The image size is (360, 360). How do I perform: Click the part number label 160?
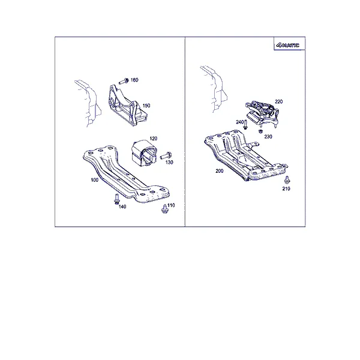[134, 80]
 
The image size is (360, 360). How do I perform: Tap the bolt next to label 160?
[124, 82]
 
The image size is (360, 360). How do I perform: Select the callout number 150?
[146, 106]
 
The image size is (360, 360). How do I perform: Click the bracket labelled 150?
[127, 106]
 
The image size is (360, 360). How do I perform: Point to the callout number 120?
[154, 139]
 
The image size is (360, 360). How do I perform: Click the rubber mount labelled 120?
[144, 153]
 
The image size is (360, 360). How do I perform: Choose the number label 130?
[169, 163]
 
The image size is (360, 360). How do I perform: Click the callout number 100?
[95, 180]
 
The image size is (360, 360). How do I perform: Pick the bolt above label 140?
[116, 199]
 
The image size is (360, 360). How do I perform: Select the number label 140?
[122, 206]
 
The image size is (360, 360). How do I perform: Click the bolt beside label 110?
[164, 209]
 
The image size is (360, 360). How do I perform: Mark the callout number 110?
[171, 205]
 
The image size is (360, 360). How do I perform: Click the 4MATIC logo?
[288, 45]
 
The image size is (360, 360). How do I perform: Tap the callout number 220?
[279, 101]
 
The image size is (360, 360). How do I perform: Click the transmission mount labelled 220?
[262, 113]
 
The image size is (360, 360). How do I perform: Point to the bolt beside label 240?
[245, 124]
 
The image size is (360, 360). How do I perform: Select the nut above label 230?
[260, 131]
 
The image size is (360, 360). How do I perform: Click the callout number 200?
[219, 171]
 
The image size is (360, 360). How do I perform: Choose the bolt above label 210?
[287, 180]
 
